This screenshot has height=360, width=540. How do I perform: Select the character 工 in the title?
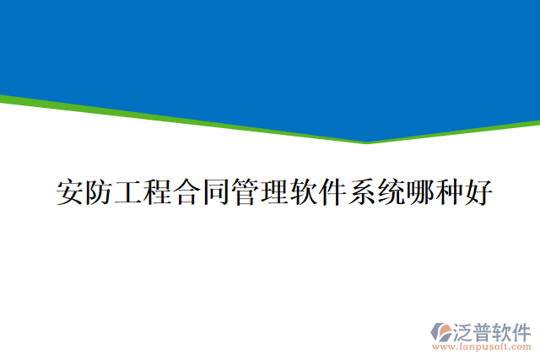pos(127,192)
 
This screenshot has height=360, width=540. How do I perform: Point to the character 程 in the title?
pos(156,192)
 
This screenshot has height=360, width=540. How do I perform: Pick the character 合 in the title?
pos(186,192)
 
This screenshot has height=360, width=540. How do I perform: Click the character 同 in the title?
pos(214,192)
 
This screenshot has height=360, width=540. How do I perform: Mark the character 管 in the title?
pos(243,192)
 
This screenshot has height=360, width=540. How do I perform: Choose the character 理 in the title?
pos(273,192)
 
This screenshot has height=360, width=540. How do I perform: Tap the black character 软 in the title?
pos(301,192)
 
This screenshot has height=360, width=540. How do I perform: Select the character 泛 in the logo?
pos(464,330)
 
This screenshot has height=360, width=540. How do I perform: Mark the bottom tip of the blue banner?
pos(367,141)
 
